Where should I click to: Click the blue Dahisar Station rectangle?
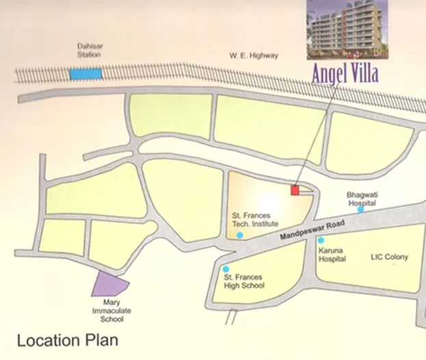coord(86,73)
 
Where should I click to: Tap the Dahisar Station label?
coord(89,50)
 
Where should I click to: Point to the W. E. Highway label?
coord(254,55)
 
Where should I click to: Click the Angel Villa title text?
coord(345,74)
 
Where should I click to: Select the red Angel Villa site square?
coord(295,190)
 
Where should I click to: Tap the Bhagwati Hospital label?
coord(362,198)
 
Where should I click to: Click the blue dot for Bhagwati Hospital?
coord(360,209)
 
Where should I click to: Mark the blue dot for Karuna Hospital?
coord(321,240)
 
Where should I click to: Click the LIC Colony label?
coord(389,257)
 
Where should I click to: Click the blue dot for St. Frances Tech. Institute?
coord(239,235)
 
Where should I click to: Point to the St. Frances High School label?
coord(243,282)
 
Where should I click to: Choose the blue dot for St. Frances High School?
coord(226,269)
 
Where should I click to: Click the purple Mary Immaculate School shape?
coord(109,284)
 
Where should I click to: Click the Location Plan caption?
coord(68,339)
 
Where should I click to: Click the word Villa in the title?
coord(362,74)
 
